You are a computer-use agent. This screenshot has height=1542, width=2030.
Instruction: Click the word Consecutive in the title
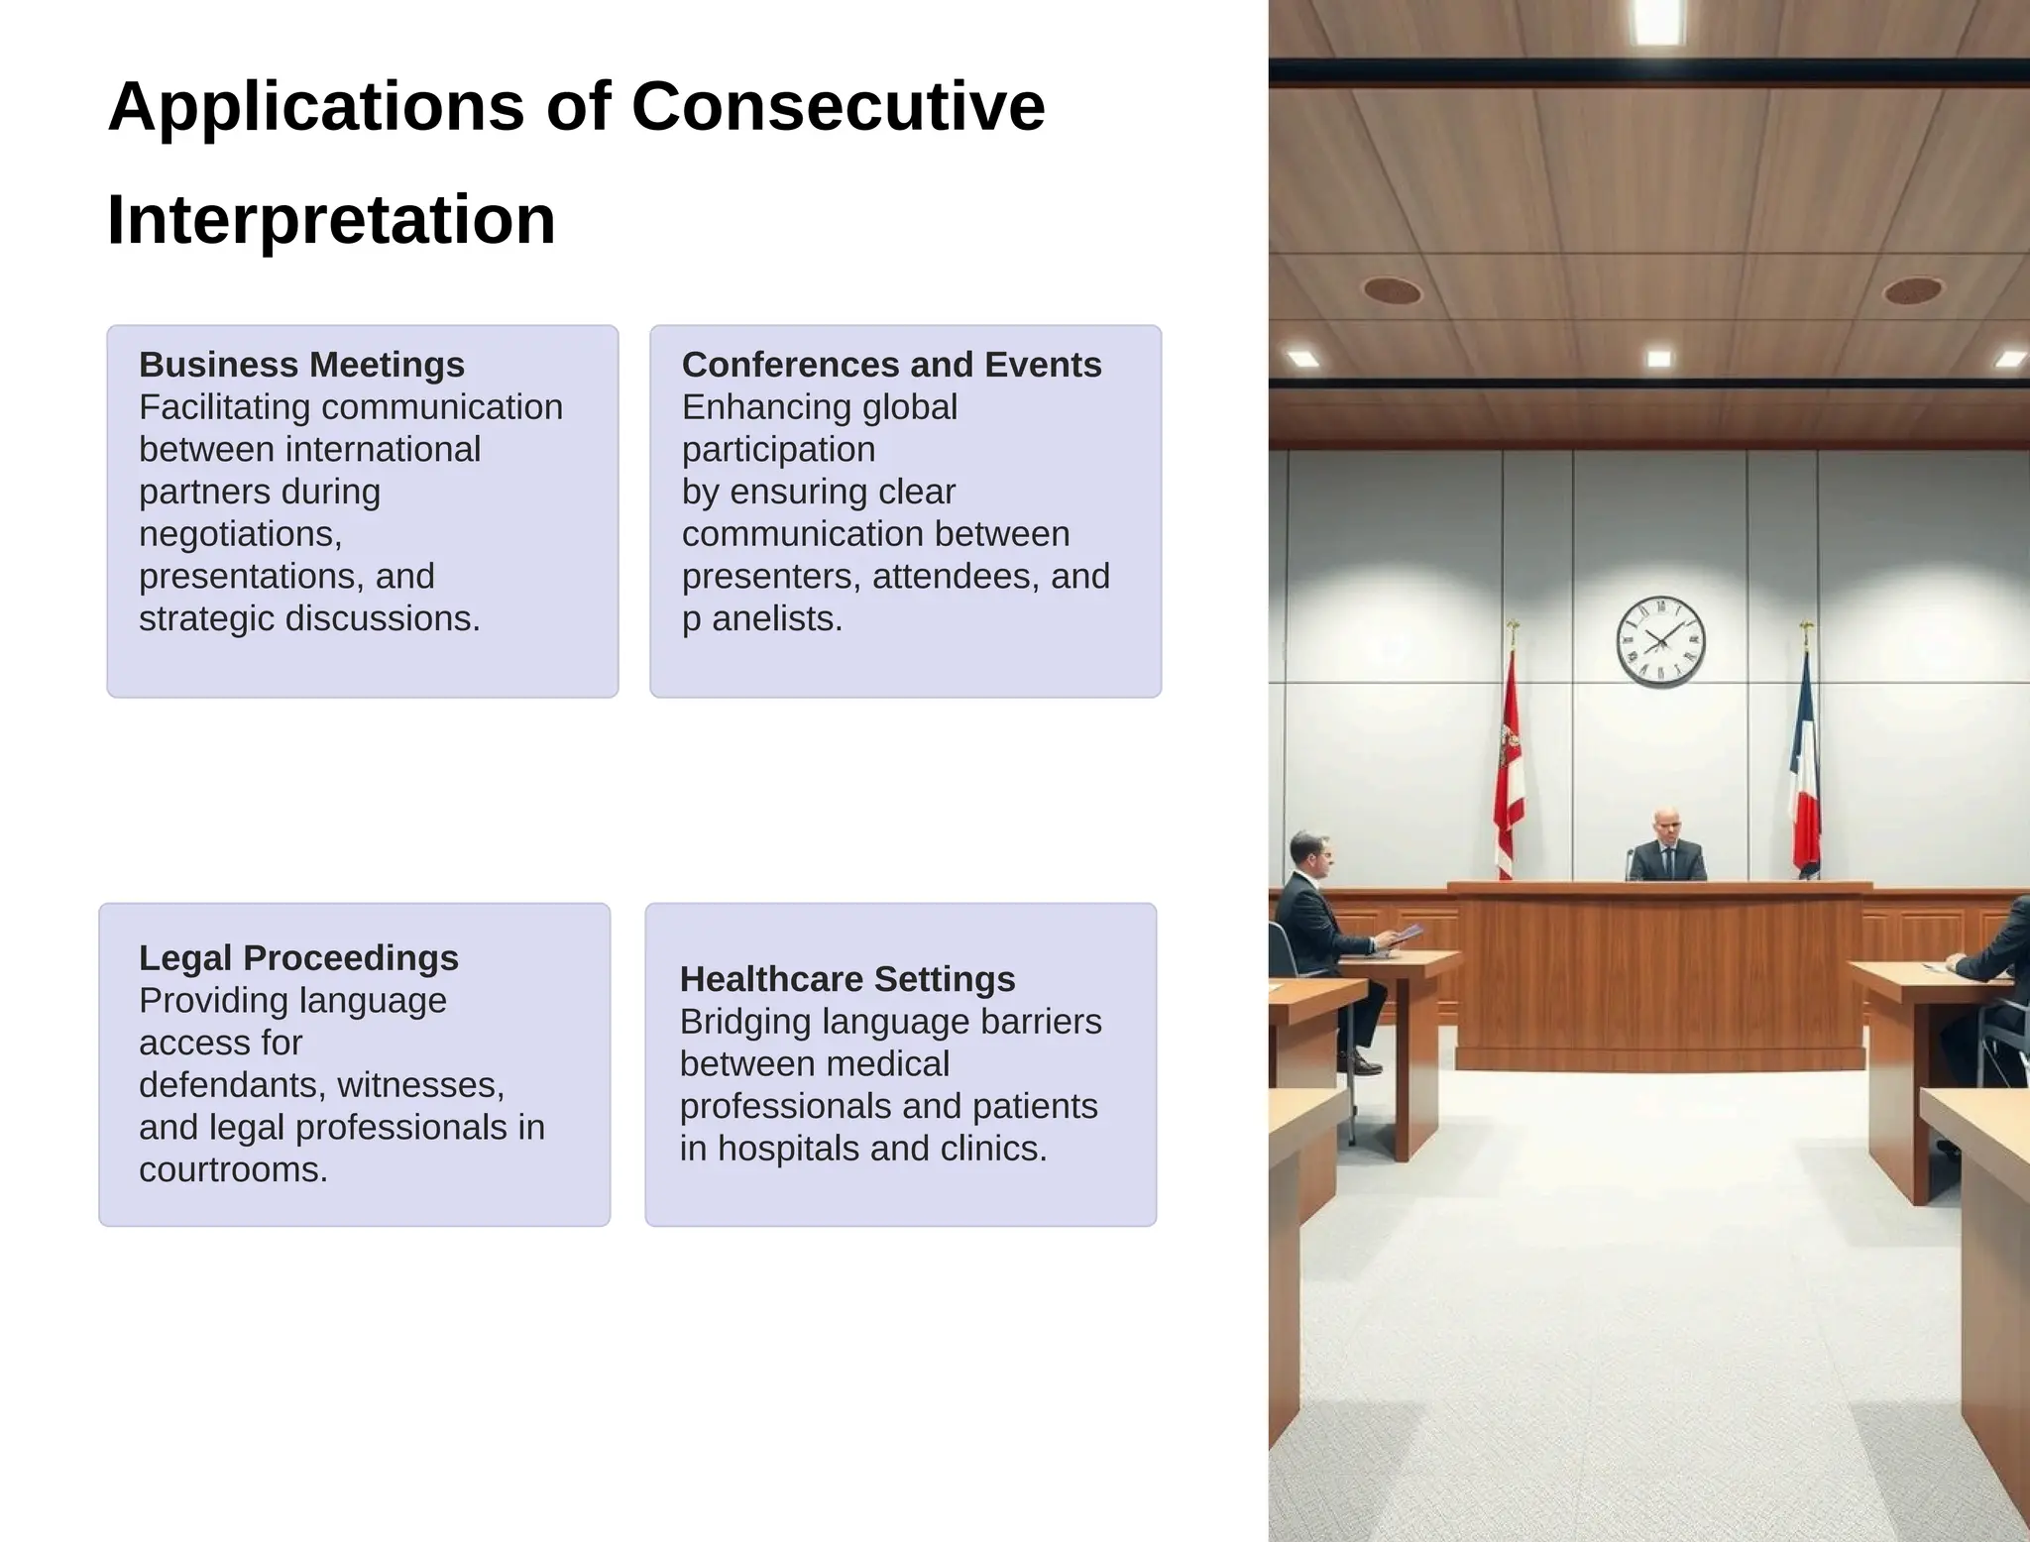click(x=838, y=106)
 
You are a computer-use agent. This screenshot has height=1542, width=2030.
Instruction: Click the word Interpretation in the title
click(x=331, y=219)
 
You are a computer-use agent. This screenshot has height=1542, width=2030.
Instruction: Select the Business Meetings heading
click(x=301, y=365)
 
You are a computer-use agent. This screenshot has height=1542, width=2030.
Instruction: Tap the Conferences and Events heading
click(x=891, y=365)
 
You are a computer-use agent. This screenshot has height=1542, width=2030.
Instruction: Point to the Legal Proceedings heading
click(x=298, y=957)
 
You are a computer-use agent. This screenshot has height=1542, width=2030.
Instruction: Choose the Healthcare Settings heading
click(x=847, y=979)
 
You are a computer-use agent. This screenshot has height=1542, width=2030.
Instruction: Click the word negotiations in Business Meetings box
click(x=240, y=533)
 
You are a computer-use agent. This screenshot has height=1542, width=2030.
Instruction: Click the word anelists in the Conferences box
click(x=777, y=618)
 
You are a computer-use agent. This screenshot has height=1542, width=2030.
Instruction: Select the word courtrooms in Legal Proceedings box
click(x=233, y=1169)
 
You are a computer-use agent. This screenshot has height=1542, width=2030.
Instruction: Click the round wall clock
click(x=1660, y=641)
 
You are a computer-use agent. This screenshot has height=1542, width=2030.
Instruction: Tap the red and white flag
click(x=1509, y=763)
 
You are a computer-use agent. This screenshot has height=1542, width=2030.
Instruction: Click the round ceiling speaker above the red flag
click(x=1392, y=290)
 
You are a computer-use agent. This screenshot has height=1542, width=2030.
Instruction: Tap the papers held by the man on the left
click(x=1409, y=934)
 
